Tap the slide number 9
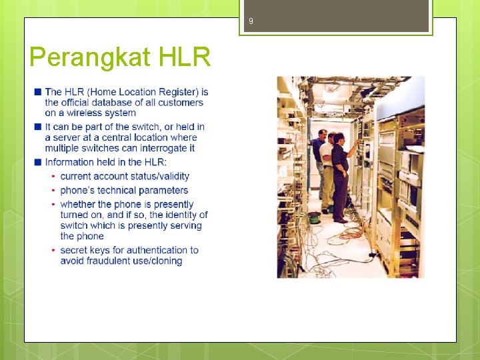pyautogui.click(x=251, y=21)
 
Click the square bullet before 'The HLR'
pyautogui.click(x=39, y=91)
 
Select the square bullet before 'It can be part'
pyautogui.click(x=39, y=127)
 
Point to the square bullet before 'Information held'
pyautogui.click(x=39, y=162)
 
